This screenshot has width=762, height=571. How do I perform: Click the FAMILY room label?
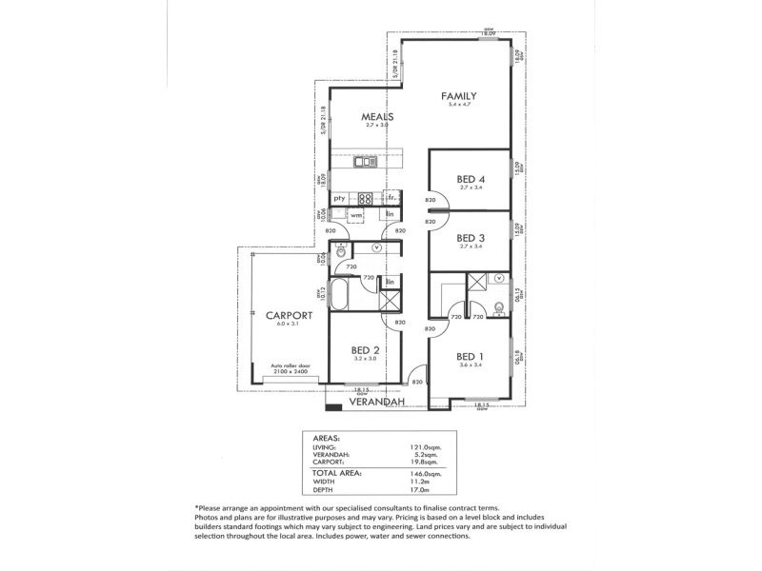click(x=458, y=96)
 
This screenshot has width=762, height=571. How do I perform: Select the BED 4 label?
click(x=471, y=179)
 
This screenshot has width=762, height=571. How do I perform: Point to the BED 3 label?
click(x=471, y=238)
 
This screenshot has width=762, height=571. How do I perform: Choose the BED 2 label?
click(x=365, y=350)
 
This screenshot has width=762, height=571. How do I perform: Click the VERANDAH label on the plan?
click(x=377, y=403)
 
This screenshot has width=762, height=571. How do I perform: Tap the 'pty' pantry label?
click(x=338, y=198)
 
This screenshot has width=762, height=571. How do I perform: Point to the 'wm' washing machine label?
click(x=355, y=216)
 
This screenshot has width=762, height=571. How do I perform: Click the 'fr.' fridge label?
click(x=391, y=197)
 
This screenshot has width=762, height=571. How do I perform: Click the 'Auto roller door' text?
click(x=291, y=365)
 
